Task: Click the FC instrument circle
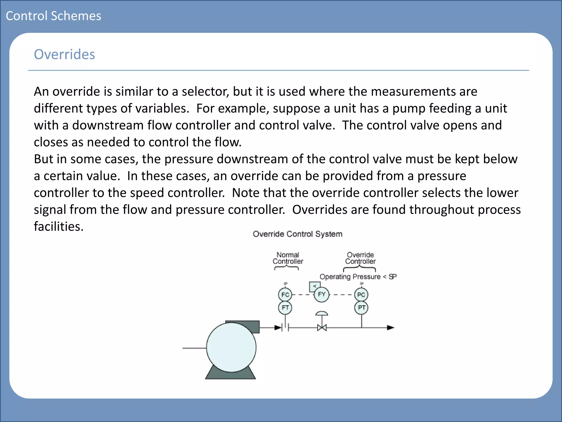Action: pos(285,295)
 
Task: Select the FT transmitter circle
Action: pos(285,307)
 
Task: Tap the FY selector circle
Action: pos(322,295)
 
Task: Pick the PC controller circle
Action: pos(361,295)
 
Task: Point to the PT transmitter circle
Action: pos(361,307)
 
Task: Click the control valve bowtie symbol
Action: pos(322,328)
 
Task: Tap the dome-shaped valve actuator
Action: pos(322,313)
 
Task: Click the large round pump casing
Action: pos(231,348)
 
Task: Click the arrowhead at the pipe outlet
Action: pos(390,327)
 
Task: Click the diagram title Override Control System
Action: pos(297,234)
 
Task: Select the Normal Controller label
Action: pos(288,258)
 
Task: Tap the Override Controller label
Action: pos(360,258)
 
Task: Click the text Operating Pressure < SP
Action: pos(358,277)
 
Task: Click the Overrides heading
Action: pos(64,54)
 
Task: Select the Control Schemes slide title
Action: pos(54,16)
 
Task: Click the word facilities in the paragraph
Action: pos(58,227)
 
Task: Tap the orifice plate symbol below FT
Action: pos(285,327)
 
